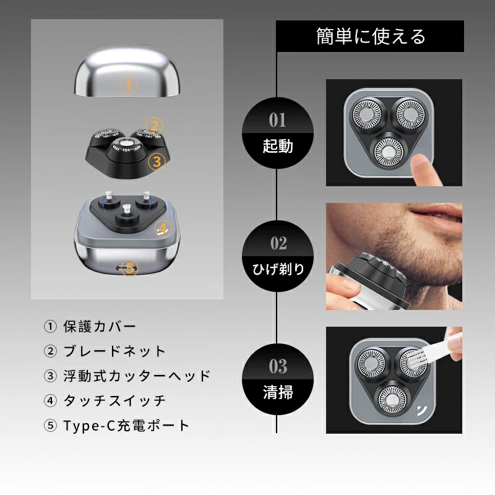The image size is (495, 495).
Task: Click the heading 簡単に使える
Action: (x=371, y=37)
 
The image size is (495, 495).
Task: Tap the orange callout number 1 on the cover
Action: (x=129, y=85)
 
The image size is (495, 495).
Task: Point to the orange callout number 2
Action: (x=154, y=126)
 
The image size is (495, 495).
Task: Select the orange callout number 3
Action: (x=157, y=161)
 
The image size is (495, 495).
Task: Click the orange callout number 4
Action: (x=163, y=228)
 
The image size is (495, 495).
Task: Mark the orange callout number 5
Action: (x=130, y=268)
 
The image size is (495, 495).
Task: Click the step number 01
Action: (x=277, y=120)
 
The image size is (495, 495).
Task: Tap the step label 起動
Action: (x=278, y=146)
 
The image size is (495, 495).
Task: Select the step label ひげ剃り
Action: (x=278, y=269)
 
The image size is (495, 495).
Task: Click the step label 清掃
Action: (x=278, y=392)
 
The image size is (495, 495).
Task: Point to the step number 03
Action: (x=278, y=366)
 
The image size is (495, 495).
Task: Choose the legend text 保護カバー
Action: (x=100, y=327)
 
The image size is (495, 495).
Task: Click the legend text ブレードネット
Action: (x=114, y=351)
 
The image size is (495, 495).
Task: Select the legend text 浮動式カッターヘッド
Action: (x=137, y=376)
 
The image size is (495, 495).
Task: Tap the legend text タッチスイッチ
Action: (x=114, y=400)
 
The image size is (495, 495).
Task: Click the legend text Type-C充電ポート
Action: (x=126, y=426)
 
